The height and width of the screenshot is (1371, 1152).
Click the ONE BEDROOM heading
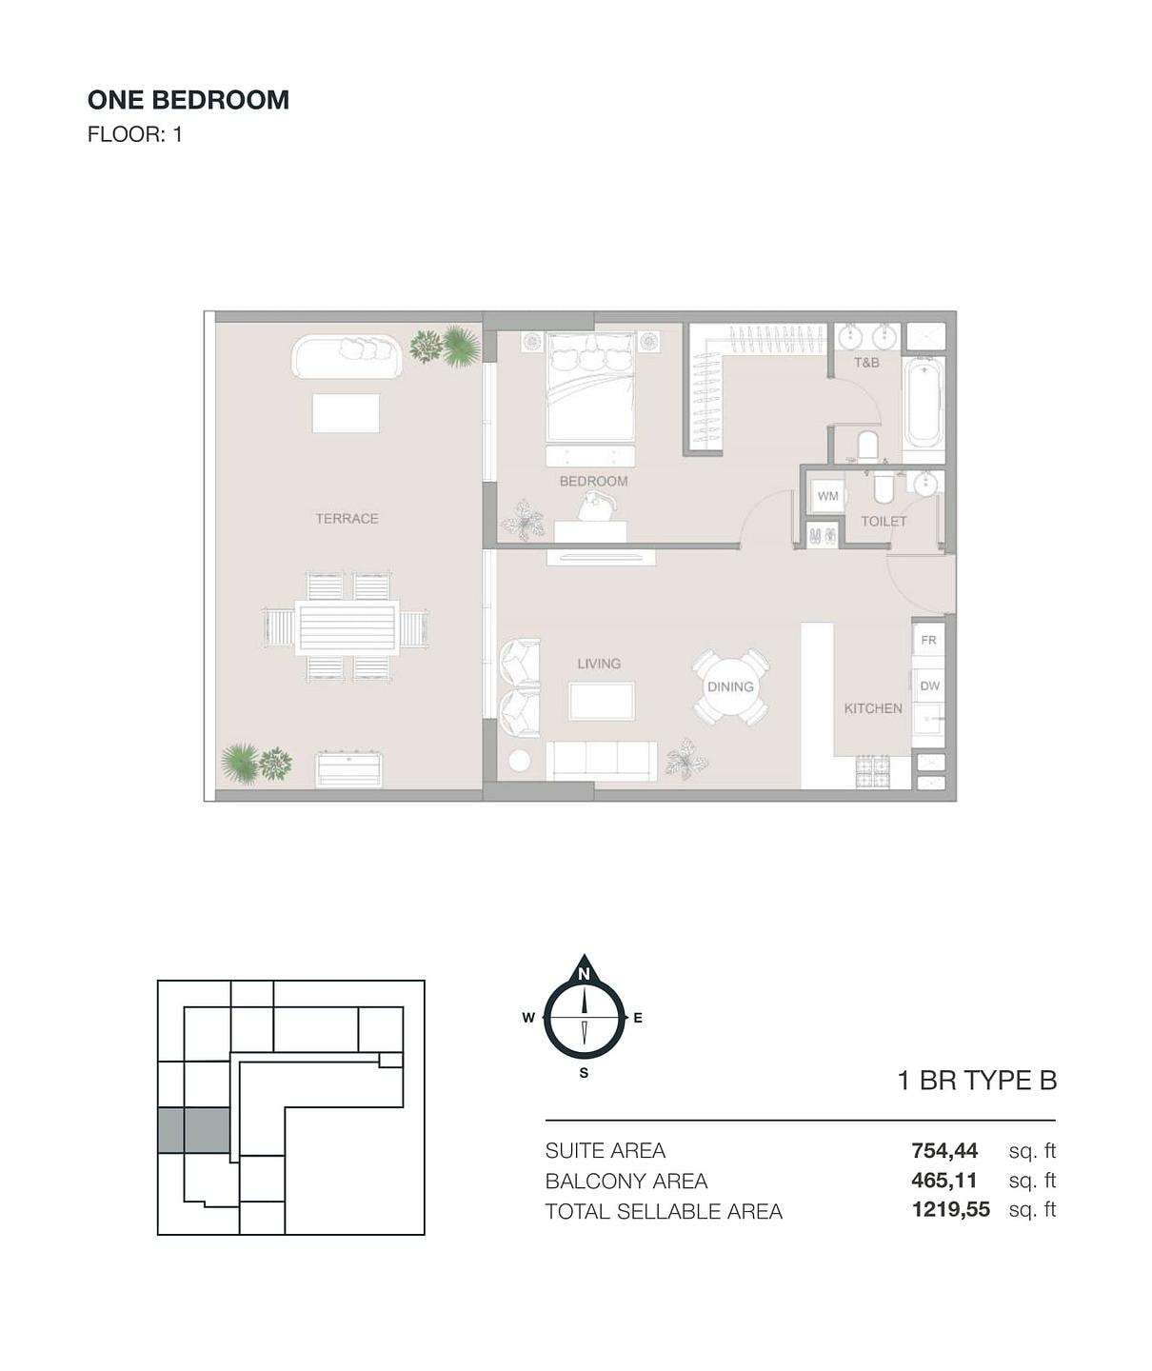(x=189, y=100)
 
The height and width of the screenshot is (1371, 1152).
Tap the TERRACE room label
(x=347, y=519)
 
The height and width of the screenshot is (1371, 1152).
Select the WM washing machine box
(x=827, y=496)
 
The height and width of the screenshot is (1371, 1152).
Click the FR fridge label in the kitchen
(x=928, y=640)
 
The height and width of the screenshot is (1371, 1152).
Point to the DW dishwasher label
(x=929, y=686)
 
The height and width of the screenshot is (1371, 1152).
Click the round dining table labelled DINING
(x=730, y=686)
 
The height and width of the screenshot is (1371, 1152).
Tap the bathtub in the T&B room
(x=924, y=403)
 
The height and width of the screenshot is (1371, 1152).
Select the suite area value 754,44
(x=943, y=1151)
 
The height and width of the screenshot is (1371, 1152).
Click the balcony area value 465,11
(x=943, y=1181)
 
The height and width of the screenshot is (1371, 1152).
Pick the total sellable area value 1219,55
(x=950, y=1209)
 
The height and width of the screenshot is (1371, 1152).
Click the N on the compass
(x=584, y=974)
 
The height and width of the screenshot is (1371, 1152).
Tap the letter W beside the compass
(x=528, y=1019)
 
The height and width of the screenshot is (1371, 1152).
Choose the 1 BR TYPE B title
(x=977, y=1081)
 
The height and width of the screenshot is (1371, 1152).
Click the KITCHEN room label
(x=873, y=708)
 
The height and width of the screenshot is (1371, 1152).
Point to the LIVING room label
(x=599, y=664)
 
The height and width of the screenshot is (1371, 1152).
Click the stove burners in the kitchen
(x=873, y=771)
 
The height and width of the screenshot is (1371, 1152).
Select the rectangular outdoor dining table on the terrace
(x=347, y=627)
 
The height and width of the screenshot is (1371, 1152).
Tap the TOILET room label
(x=884, y=522)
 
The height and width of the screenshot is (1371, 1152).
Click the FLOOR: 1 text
(x=134, y=134)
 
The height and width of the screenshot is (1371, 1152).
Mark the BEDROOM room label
(x=594, y=482)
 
